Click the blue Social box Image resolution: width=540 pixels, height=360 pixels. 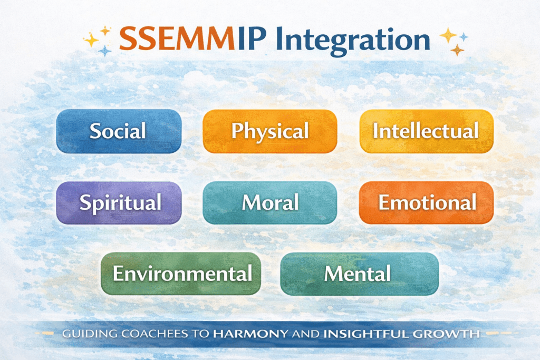[x=118, y=131]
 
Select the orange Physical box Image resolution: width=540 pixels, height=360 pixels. [x=269, y=131]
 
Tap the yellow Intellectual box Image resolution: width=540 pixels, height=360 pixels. [x=426, y=131]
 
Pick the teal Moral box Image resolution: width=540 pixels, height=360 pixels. [x=269, y=202]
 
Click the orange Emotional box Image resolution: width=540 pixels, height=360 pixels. [x=426, y=202]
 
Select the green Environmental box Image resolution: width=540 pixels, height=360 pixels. [x=181, y=274]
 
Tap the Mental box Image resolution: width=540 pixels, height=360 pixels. [x=359, y=274]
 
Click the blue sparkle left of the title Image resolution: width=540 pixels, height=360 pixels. [x=105, y=51]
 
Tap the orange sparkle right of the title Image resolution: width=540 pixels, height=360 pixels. [x=457, y=50]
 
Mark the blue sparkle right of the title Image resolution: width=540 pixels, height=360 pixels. [x=464, y=36]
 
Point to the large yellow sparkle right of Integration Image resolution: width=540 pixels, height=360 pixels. [x=448, y=35]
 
